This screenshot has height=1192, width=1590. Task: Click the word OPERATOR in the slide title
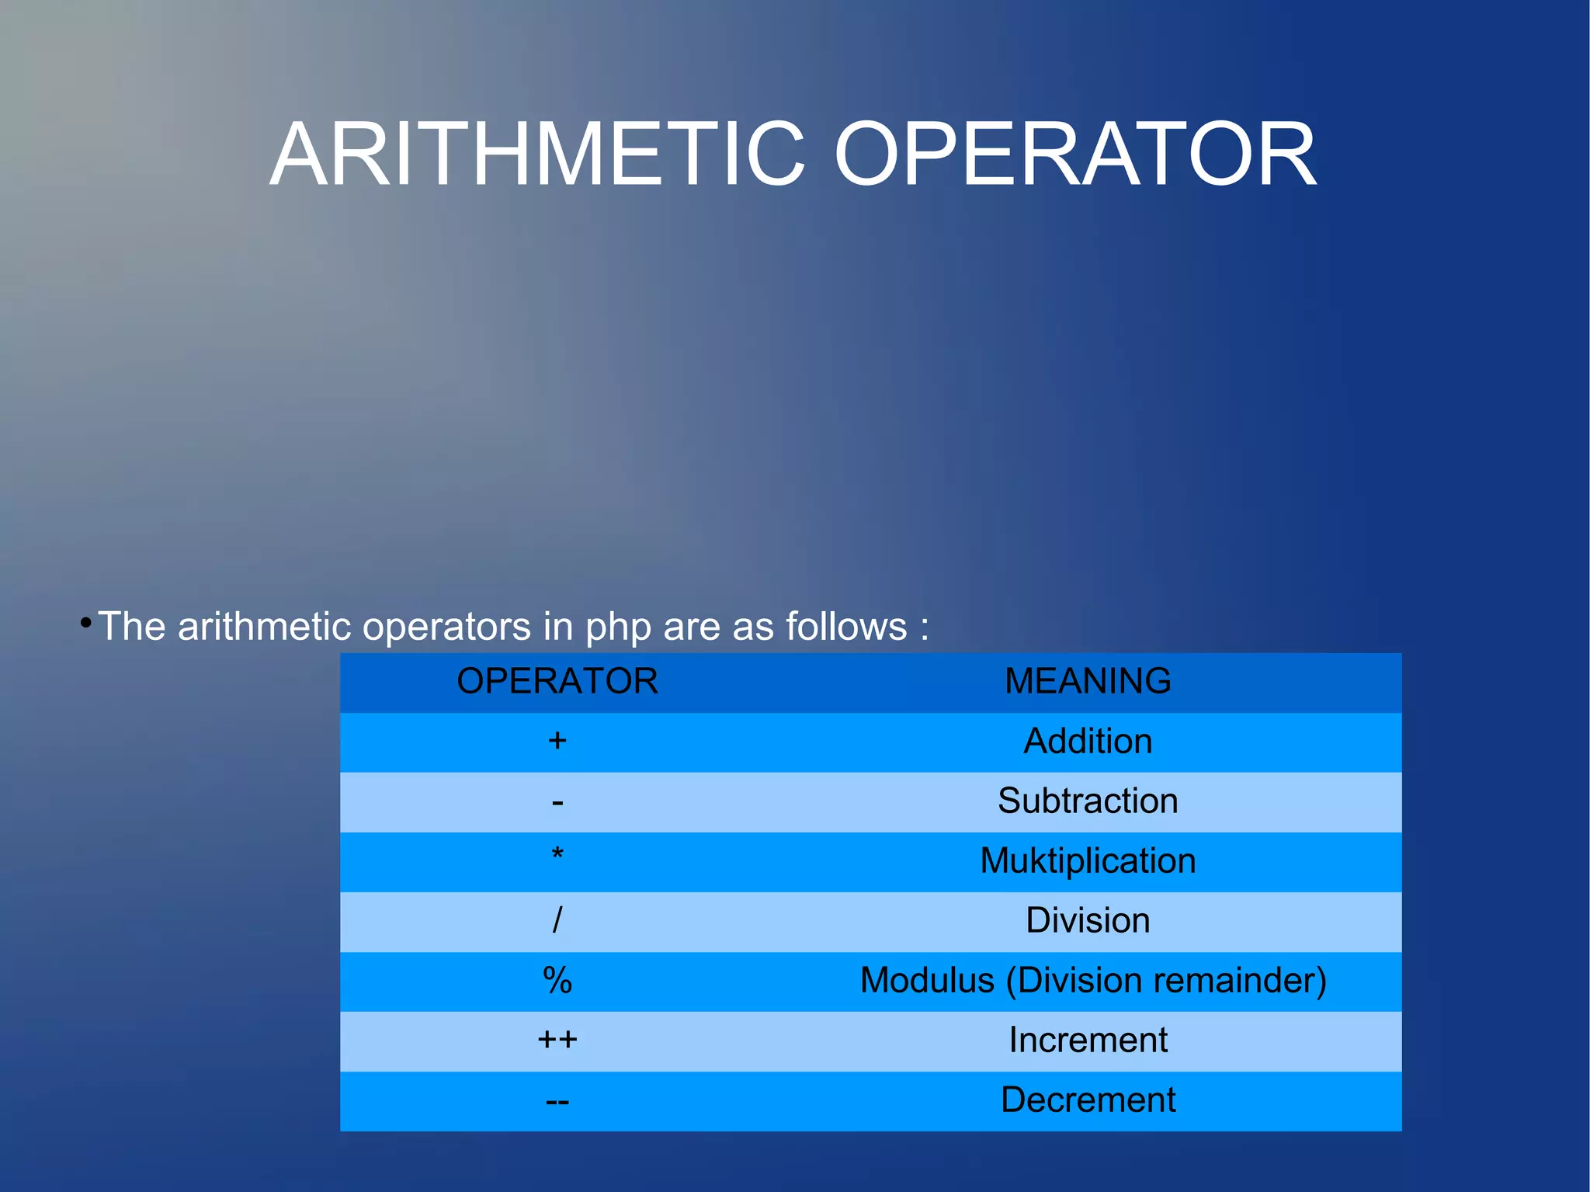(x=1075, y=155)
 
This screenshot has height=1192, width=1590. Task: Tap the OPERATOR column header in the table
(x=557, y=681)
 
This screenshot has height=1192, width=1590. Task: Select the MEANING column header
(x=1088, y=681)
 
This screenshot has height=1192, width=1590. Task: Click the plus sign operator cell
(x=557, y=741)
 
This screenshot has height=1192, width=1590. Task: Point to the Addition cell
(x=1088, y=741)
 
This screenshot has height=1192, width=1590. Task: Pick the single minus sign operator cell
(x=557, y=802)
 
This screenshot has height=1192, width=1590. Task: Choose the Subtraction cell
(x=1088, y=801)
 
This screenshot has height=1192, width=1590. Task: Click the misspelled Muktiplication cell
(x=1088, y=860)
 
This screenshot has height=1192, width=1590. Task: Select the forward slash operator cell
(x=557, y=920)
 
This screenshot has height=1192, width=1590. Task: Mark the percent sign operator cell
(x=557, y=980)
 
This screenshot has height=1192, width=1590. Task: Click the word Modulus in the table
(x=927, y=980)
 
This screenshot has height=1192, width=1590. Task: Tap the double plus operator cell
(x=557, y=1040)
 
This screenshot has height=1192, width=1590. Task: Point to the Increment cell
(x=1088, y=1040)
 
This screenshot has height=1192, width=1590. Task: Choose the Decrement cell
(x=1088, y=1100)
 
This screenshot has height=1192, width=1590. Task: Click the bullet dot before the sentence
(x=85, y=623)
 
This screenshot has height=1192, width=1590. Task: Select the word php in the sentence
(x=618, y=627)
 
